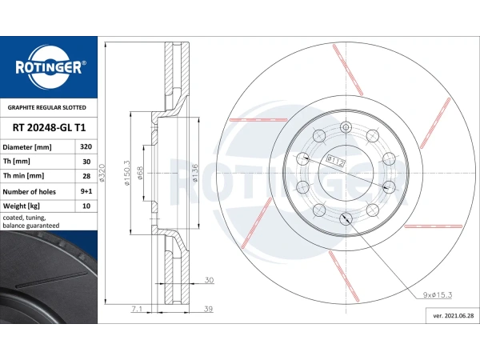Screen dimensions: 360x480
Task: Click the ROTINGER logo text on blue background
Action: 49,67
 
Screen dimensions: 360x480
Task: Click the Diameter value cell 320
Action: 85,147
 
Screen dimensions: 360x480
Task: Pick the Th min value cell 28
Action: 85,176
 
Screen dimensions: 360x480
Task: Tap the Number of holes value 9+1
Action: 85,191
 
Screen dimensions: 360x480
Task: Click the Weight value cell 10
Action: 85,206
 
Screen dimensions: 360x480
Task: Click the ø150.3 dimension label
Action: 126,172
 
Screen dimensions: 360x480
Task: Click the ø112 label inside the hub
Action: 336,160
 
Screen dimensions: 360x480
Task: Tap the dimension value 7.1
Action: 138,308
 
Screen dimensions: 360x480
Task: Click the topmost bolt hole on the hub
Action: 346,126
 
